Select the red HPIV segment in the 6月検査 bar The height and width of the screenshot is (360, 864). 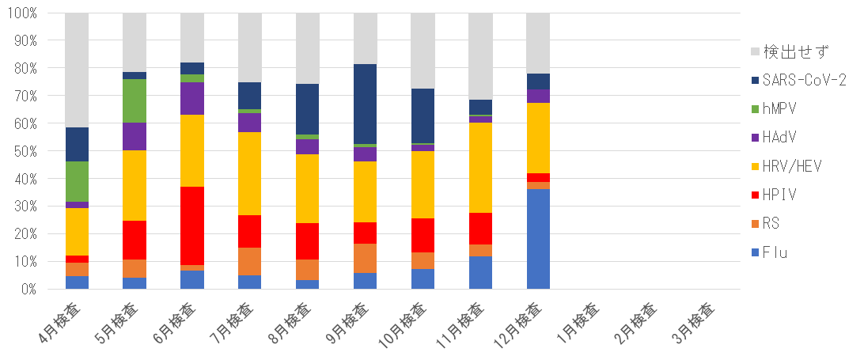click(191, 225)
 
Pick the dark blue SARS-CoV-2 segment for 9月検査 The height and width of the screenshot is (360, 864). click(365, 104)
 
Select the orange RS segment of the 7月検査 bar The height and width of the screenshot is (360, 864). click(249, 261)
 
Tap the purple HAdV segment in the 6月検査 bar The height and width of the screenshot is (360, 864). click(191, 98)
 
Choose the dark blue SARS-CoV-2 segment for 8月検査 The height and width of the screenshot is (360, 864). click(307, 109)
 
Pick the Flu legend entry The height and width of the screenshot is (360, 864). click(775, 252)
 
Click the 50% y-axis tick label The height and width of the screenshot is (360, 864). click(25, 151)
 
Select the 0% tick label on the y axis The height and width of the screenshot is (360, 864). click(28, 290)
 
